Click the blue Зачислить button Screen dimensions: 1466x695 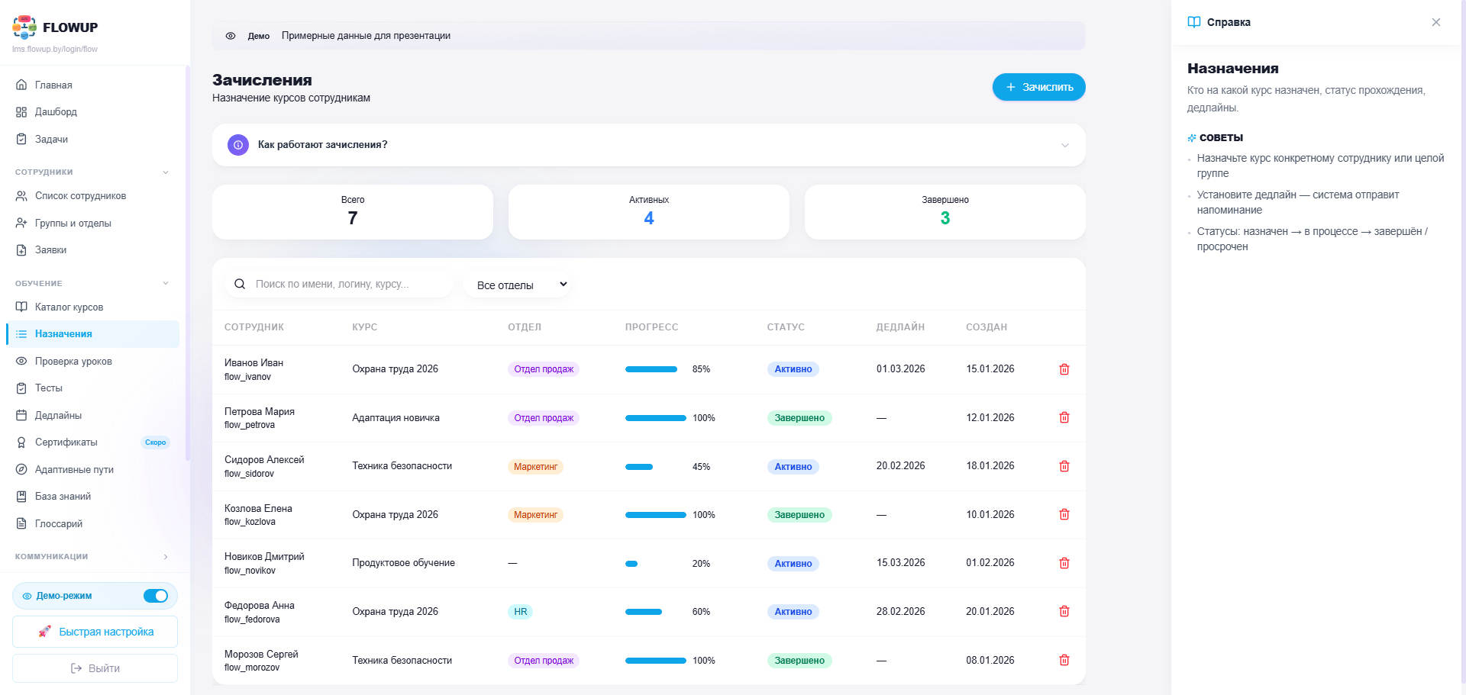1038,87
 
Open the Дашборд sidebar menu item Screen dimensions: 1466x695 56,112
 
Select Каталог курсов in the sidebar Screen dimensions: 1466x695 69,307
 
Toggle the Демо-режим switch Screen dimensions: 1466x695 156,596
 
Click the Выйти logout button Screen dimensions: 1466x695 95,668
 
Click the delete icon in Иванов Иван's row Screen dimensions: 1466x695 1064,369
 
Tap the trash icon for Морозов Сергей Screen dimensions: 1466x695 1064,660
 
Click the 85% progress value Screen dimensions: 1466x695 701,369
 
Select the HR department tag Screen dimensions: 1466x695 520,612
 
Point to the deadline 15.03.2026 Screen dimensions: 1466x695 900,563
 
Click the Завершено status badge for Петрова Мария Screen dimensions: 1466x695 799,418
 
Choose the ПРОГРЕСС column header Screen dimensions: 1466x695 651,327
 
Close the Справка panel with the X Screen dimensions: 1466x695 1436,22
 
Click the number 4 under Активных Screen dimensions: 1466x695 649,218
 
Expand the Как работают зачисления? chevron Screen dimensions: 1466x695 1065,145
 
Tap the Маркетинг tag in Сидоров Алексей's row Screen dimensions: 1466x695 535,467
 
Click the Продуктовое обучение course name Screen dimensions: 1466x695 403,563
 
